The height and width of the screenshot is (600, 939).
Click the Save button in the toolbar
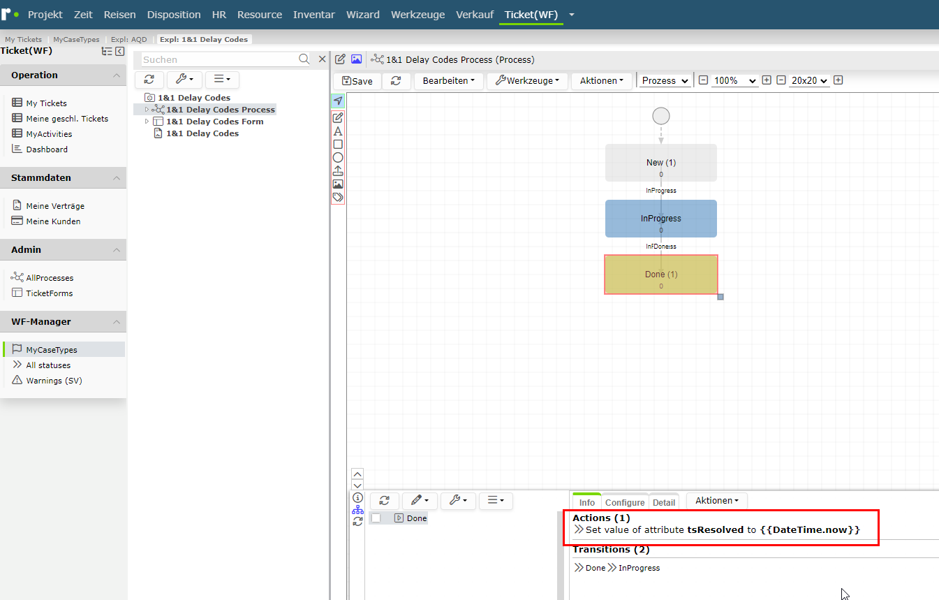357,81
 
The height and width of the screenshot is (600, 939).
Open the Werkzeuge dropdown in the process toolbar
527,81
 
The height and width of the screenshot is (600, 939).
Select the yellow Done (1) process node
660,275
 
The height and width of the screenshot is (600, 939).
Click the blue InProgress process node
660,219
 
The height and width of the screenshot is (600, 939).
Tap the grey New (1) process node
660,163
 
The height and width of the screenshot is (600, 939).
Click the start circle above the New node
660,116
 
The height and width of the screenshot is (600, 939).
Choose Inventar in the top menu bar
314,15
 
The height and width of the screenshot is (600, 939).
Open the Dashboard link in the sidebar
47,149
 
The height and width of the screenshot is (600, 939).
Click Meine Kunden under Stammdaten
53,221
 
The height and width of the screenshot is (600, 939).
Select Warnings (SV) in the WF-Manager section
54,381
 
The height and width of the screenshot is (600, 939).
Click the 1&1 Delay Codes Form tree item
214,122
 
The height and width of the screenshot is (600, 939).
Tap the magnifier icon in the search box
304,59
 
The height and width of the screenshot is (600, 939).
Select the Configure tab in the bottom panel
625,502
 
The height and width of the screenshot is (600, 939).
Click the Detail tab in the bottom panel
664,502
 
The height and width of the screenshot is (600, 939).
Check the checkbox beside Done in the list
376,518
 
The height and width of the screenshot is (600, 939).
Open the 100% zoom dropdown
734,80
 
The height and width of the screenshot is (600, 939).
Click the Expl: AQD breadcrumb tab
128,39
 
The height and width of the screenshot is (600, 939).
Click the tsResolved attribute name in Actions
715,530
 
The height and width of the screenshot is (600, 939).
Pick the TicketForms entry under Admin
49,293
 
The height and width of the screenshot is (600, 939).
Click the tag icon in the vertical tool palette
338,197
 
